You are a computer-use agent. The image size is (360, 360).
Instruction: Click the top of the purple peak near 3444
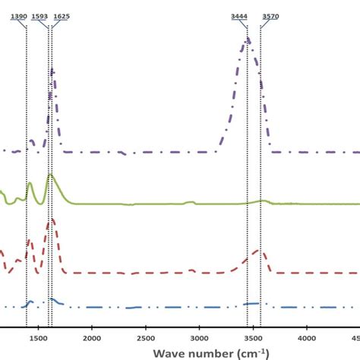click(x=247, y=39)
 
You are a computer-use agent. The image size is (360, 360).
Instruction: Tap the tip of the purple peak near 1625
click(x=52, y=68)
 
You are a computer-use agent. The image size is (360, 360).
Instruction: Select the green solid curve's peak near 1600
click(x=49, y=175)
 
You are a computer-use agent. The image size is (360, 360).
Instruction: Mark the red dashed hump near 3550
click(x=257, y=251)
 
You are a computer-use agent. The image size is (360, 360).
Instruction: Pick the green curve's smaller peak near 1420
click(x=30, y=184)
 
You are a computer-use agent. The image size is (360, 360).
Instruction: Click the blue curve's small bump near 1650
click(x=52, y=300)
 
